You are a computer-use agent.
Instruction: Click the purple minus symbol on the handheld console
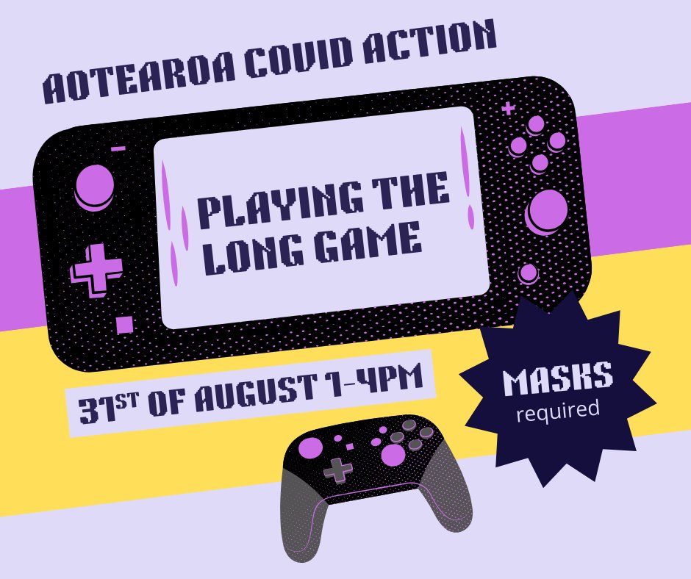pyautogui.click(x=118, y=148)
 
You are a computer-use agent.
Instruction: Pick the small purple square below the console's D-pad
pyautogui.click(x=124, y=324)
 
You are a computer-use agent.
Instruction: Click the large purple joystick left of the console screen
pyautogui.click(x=95, y=187)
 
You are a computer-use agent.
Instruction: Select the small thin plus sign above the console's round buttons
pyautogui.click(x=508, y=109)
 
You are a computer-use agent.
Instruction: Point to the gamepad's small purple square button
pyautogui.click(x=350, y=445)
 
